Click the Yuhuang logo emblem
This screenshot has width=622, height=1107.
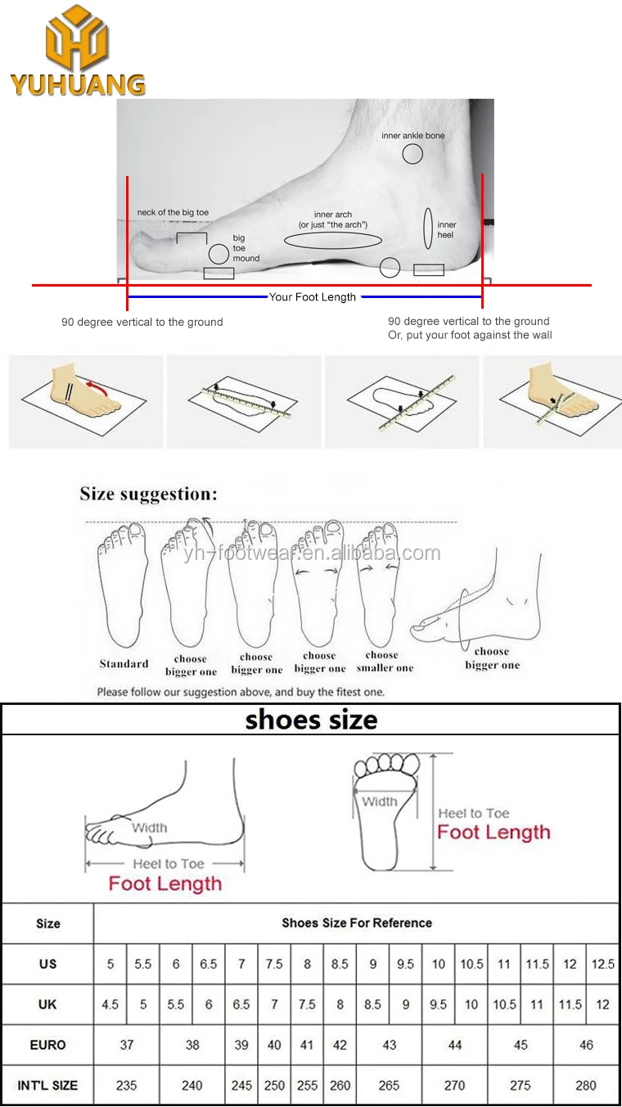coord(77,38)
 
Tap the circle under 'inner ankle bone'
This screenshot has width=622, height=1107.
coord(412,153)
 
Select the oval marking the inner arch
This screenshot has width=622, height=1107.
coord(332,241)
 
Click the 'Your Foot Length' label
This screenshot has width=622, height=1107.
coord(313,297)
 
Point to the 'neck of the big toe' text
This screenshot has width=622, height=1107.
coord(173,213)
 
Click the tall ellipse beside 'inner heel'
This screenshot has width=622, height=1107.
coord(427,228)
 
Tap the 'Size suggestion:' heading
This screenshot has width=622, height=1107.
coord(149,494)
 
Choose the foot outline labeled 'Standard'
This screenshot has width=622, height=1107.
coord(124,590)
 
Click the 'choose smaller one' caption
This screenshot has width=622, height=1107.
coord(385,662)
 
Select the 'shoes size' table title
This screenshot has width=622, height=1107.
coord(311,721)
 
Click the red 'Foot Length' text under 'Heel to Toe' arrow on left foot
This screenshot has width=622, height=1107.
coord(165,884)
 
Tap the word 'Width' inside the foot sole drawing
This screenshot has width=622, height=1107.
coord(379,802)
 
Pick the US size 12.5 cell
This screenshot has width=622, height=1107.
coord(603,964)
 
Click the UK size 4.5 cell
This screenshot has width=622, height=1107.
coord(110,1005)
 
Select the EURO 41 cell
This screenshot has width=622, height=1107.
coord(307,1045)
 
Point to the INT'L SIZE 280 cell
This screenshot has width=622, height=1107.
coord(586,1086)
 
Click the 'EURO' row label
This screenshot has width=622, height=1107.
coord(47,1045)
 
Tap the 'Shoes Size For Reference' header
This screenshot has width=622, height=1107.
coord(357,923)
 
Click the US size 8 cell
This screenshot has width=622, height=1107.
coord(307,964)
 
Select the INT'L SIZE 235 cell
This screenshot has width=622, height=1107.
coord(126,1086)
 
